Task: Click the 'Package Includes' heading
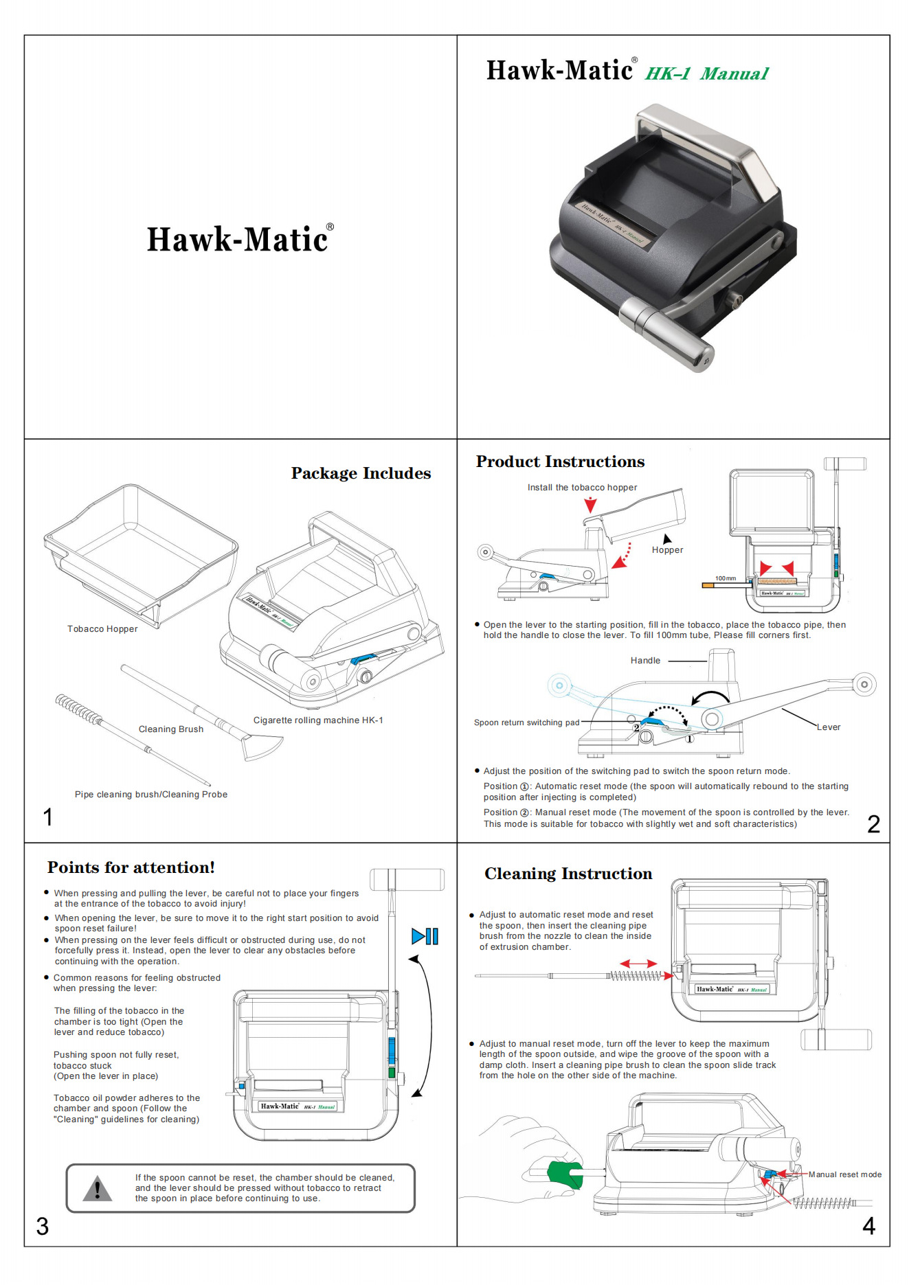[361, 473]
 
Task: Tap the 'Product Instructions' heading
[560, 462]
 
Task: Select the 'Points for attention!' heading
[131, 867]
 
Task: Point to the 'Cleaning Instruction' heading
[568, 874]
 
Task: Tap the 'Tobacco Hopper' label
[102, 629]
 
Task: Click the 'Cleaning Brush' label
[171, 729]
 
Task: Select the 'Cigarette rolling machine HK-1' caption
[318, 720]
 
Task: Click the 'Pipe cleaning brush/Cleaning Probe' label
[151, 795]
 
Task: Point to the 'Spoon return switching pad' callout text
[526, 723]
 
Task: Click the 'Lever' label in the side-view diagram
[829, 727]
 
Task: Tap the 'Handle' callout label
[645, 661]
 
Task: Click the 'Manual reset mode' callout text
[844, 1174]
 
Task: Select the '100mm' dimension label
[725, 578]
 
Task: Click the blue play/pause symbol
[425, 936]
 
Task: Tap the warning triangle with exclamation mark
[98, 1188]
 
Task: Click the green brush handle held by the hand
[565, 1174]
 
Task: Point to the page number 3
[43, 1226]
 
